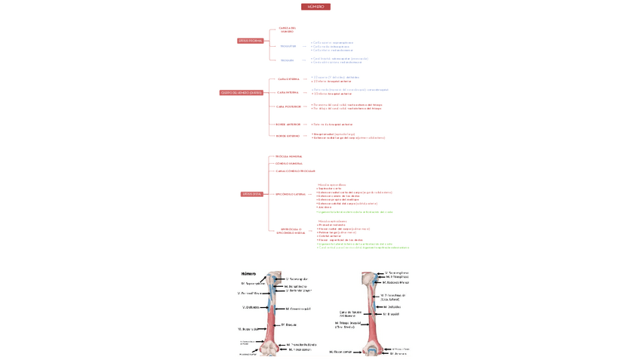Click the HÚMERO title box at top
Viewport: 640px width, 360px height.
click(x=315, y=7)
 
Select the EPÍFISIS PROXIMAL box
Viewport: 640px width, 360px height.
click(x=251, y=41)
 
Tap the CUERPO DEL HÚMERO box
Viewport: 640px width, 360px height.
click(x=242, y=93)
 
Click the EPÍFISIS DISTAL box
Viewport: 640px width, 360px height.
click(x=252, y=194)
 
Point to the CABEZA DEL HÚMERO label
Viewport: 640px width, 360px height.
click(x=288, y=30)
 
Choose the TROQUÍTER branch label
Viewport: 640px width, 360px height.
click(x=288, y=46)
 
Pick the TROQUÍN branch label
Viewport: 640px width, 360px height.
click(x=288, y=60)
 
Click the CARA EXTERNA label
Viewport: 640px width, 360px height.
click(x=288, y=79)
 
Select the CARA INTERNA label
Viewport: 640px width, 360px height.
click(x=288, y=92)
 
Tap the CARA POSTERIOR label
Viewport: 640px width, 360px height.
click(x=288, y=106)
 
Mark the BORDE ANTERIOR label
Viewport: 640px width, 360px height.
click(x=288, y=125)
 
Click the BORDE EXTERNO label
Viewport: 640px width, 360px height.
click(x=288, y=136)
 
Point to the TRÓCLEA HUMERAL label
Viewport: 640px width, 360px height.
click(x=289, y=156)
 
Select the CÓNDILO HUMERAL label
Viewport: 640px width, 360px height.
click(x=289, y=163)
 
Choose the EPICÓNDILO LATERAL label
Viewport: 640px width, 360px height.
click(x=291, y=194)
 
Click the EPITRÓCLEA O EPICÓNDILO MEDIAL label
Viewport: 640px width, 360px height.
click(x=291, y=231)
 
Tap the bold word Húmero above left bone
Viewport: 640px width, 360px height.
click(x=249, y=273)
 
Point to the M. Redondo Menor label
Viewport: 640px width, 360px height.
click(x=395, y=282)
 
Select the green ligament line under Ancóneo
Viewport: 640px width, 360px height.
click(x=355, y=212)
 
